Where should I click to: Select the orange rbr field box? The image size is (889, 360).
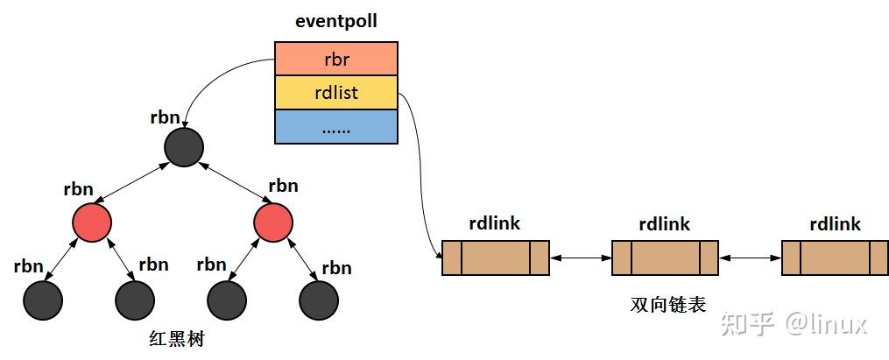click(336, 59)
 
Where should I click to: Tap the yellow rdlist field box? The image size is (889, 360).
click(336, 93)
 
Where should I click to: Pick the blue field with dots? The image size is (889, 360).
click(336, 127)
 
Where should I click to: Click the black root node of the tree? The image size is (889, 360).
click(184, 146)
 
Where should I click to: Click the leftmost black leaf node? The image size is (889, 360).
click(43, 300)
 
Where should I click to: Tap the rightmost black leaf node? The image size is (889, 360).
click(319, 300)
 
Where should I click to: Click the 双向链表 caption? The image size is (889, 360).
click(668, 304)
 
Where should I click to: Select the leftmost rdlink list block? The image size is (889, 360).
click(495, 258)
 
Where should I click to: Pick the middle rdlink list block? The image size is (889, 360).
click(665, 258)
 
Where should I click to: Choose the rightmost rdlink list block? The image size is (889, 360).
click(835, 258)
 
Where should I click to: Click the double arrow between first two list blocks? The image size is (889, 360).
click(580, 258)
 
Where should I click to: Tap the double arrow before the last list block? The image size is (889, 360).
click(750, 258)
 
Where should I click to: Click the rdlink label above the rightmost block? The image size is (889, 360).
click(835, 224)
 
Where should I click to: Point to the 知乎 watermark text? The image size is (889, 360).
click(747, 324)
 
